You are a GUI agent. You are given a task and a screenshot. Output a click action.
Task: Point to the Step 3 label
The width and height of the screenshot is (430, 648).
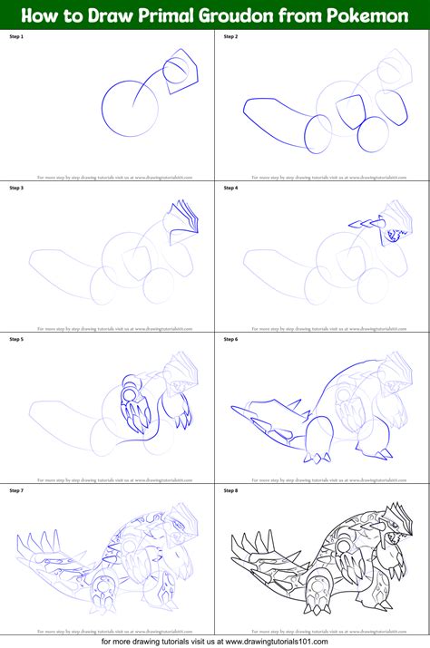click(17, 189)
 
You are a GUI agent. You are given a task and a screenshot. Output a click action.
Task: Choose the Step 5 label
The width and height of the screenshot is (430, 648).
click(17, 339)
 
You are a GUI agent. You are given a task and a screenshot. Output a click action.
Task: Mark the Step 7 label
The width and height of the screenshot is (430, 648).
click(17, 490)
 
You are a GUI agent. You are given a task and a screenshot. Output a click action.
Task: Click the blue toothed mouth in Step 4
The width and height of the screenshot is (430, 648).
click(394, 235)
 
